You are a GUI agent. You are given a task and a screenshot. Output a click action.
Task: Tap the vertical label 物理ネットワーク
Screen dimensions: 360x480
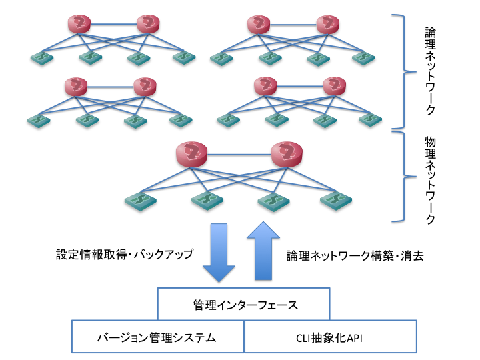click(431, 181)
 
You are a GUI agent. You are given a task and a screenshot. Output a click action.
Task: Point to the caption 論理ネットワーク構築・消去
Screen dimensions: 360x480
click(355, 255)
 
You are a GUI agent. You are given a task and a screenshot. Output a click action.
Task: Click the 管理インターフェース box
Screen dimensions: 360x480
click(243, 305)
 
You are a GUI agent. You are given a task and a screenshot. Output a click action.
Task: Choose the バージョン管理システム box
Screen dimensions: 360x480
click(158, 337)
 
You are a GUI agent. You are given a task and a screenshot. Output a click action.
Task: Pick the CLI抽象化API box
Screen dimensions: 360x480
click(330, 337)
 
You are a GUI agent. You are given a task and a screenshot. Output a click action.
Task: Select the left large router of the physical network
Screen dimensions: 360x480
click(193, 155)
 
